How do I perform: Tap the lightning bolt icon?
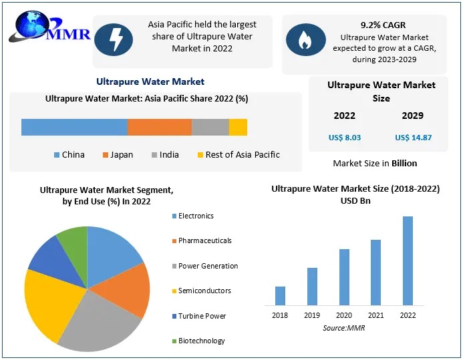[x=116, y=39]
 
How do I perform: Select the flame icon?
[x=306, y=39]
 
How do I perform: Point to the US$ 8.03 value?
[x=345, y=138]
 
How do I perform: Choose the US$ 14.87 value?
[x=413, y=138]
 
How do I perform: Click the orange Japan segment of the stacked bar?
[x=159, y=127]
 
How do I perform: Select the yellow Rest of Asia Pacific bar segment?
[x=238, y=127]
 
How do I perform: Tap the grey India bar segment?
[x=210, y=127]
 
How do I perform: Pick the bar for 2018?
[x=280, y=295]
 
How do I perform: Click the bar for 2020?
[x=344, y=277]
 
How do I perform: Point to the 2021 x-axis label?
[x=375, y=315]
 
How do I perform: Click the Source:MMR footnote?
[x=344, y=328]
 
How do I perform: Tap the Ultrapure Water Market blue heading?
[x=150, y=81]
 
